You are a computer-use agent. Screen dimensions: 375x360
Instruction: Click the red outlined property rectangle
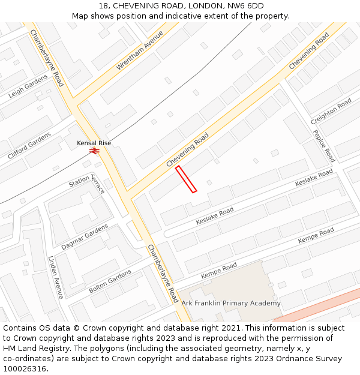186,179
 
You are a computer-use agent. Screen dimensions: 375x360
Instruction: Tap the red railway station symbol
94,151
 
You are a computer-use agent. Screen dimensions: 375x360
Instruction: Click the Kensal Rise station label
94,143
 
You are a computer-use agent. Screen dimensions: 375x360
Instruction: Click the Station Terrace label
88,181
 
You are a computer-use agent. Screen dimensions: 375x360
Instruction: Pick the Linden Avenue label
56,277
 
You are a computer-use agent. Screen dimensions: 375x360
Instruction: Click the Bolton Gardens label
110,281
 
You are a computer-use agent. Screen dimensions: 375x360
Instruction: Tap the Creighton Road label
331,112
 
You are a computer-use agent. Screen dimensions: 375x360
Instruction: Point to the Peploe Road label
323,146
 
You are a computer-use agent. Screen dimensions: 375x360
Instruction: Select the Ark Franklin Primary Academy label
231,303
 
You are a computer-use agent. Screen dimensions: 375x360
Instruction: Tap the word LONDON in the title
199,6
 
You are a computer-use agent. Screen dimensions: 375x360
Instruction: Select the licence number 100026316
26,369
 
